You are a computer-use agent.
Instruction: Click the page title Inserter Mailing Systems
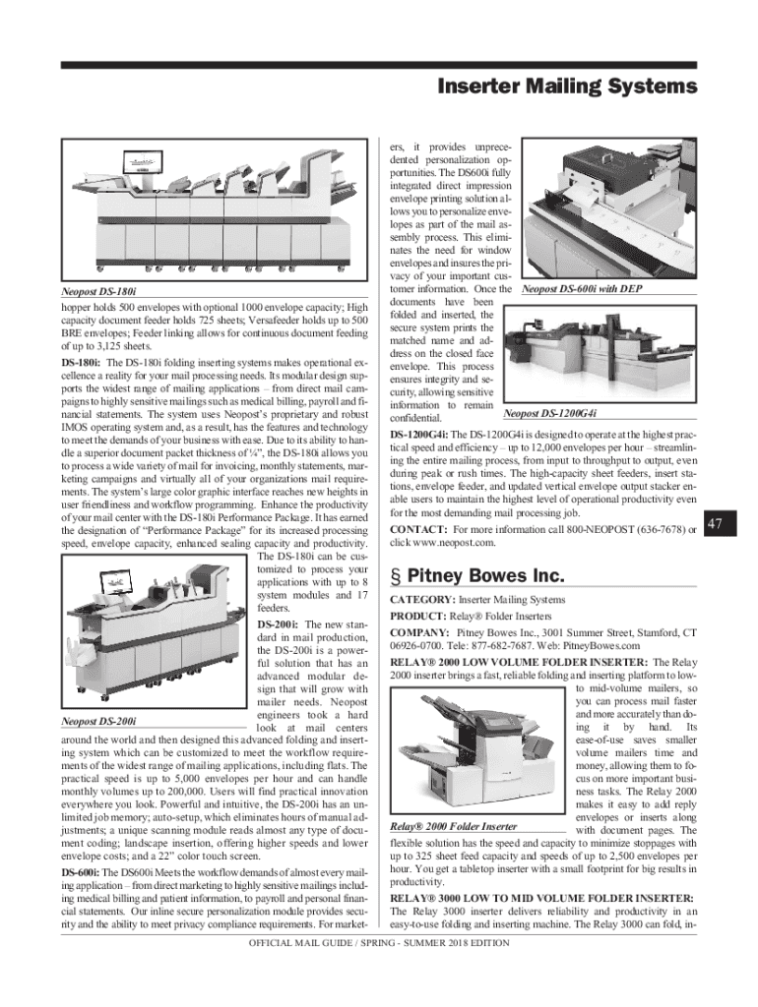tap(567, 88)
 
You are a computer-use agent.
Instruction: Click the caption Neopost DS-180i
tap(96, 293)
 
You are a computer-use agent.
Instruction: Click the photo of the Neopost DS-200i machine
tap(153, 634)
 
